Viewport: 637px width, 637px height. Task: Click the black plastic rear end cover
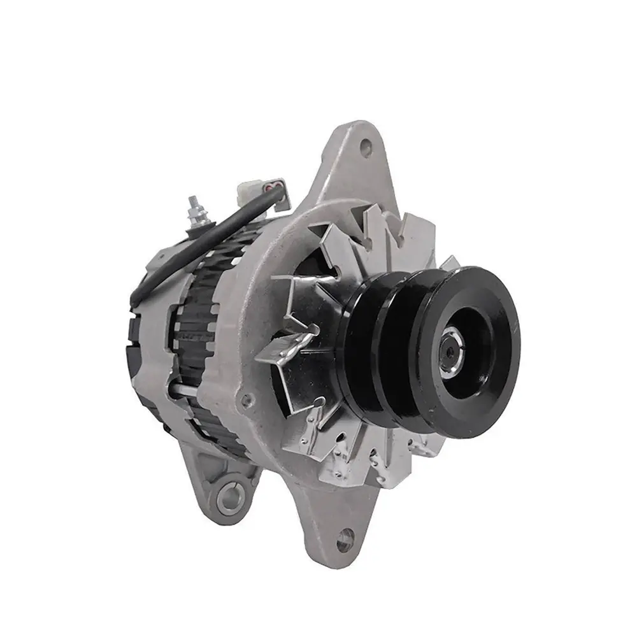[x=137, y=318]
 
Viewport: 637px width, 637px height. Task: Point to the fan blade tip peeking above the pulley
[x=449, y=263]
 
